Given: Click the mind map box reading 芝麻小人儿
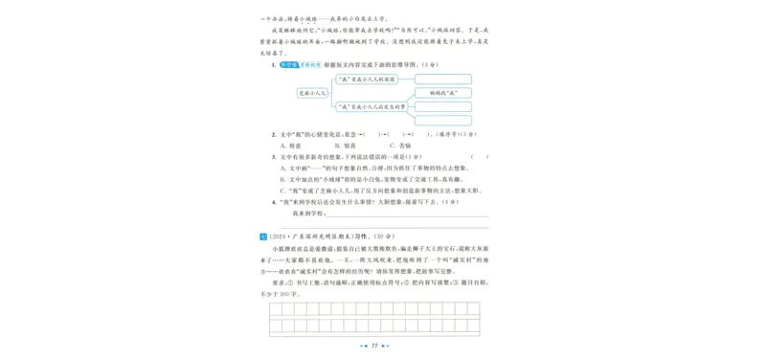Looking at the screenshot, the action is click(x=312, y=93).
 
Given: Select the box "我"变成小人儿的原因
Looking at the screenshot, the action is click(x=371, y=79).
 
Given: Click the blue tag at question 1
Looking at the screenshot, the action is click(x=288, y=64).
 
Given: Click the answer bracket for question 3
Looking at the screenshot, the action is click(x=479, y=156).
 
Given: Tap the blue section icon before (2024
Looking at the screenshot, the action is click(x=263, y=235).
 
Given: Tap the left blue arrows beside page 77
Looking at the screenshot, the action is click(x=362, y=345).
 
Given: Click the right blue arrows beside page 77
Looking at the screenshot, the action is click(x=386, y=345).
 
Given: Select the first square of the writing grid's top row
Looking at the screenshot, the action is click(x=277, y=308).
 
